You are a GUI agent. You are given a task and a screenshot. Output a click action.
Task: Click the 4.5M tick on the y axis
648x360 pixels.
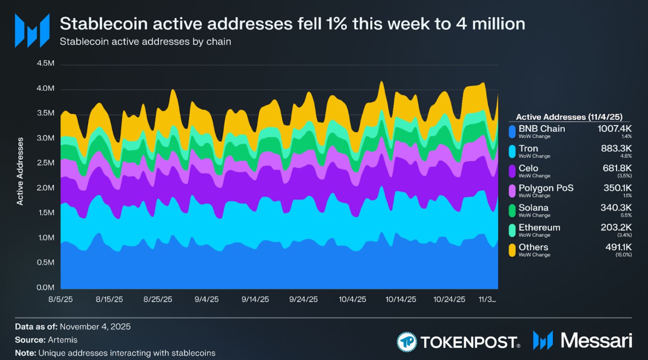click(x=45, y=63)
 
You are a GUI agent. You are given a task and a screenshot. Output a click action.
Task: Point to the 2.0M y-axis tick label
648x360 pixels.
click(x=45, y=188)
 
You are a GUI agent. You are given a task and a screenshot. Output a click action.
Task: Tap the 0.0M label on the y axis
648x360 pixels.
click(x=45, y=287)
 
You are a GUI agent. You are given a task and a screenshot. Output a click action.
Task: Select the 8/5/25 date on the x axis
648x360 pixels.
click(x=61, y=299)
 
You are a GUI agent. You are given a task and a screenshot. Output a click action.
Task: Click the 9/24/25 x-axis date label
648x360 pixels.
click(x=303, y=299)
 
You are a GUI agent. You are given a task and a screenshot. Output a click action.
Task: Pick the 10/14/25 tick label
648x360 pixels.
click(x=401, y=299)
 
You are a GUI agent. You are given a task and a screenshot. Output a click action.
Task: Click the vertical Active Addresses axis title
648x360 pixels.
click(x=20, y=171)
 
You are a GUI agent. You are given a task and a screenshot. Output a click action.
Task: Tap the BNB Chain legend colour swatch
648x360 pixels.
click(x=512, y=131)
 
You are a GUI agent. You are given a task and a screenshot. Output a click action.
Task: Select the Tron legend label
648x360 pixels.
click(x=528, y=148)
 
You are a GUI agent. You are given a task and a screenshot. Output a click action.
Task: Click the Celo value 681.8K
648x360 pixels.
click(x=617, y=168)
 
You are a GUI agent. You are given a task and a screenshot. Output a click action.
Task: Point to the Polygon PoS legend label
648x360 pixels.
click(x=546, y=188)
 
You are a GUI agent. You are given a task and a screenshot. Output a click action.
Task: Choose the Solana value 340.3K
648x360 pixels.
click(x=616, y=208)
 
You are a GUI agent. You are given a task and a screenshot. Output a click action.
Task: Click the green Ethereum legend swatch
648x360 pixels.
click(x=512, y=230)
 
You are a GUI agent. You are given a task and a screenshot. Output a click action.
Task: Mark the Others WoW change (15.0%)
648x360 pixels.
click(x=624, y=255)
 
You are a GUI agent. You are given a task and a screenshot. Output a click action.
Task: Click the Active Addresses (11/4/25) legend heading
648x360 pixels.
click(x=569, y=117)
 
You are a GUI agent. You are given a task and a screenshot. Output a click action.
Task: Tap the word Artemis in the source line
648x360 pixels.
click(x=63, y=340)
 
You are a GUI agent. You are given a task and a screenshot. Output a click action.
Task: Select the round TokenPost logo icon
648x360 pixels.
click(x=407, y=342)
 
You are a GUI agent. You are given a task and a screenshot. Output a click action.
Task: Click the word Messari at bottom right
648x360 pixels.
click(x=596, y=341)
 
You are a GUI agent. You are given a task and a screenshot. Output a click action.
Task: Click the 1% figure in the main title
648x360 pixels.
click(x=337, y=24)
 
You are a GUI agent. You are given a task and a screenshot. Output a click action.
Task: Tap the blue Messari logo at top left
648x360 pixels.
click(x=32, y=30)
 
